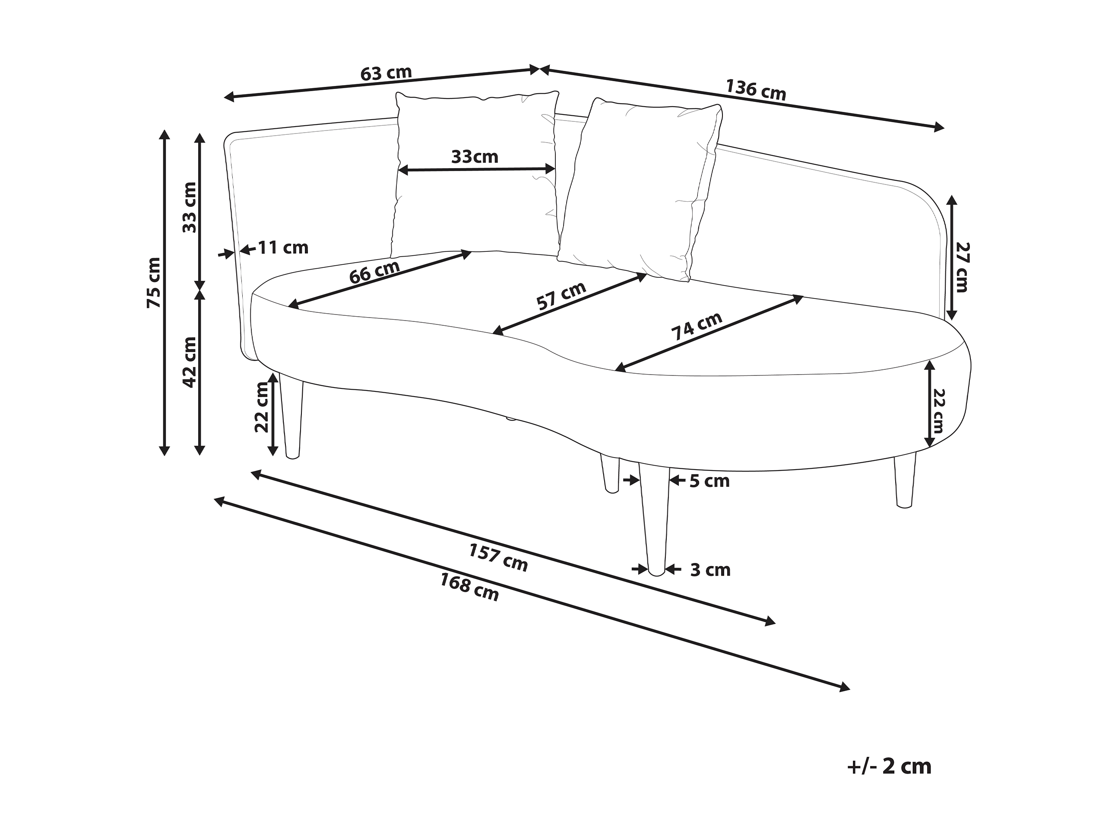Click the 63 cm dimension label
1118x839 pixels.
coord(386,73)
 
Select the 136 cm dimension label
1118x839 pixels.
coord(756,89)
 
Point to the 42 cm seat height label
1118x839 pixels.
coord(189,362)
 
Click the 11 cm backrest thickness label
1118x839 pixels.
coord(283,248)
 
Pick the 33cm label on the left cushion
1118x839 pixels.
coord(475,157)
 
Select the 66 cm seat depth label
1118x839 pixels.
coord(374,272)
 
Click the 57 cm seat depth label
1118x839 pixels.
coord(561,296)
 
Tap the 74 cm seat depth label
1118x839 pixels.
coord(697,326)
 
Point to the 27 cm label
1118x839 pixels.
coord(961,267)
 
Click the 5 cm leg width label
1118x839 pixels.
coord(709,481)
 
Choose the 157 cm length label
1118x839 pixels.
coord(498,557)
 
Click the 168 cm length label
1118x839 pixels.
coord(469,587)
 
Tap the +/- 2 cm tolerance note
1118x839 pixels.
coord(889,767)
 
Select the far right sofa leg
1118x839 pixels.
coord(905,480)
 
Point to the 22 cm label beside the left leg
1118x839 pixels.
coord(262,407)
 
